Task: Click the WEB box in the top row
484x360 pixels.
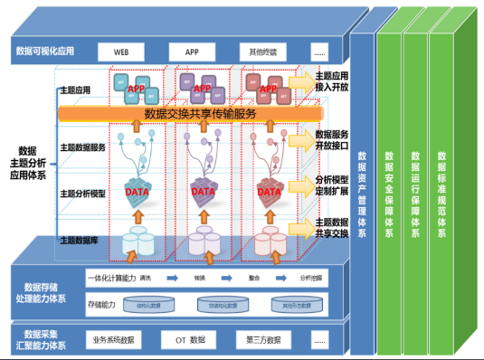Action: [121, 52]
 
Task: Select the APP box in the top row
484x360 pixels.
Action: [192, 52]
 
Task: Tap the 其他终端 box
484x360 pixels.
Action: [262, 52]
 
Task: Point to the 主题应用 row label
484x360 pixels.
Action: [77, 90]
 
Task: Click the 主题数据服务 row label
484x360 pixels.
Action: [83, 147]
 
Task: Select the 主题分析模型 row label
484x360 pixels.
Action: [83, 194]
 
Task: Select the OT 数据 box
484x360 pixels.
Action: [190, 340]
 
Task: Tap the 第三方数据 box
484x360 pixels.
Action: [261, 340]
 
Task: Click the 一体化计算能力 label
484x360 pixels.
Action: [113, 279]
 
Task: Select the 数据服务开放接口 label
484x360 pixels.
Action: [331, 140]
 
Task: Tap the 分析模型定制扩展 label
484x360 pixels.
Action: [331, 186]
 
